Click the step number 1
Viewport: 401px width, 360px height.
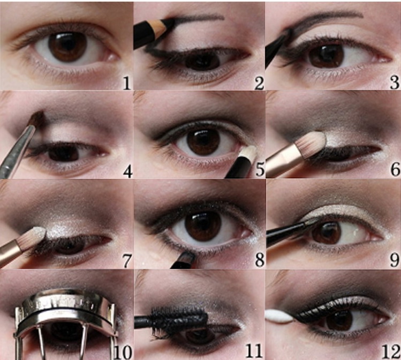(127, 83)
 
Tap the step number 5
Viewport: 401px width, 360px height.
(259, 169)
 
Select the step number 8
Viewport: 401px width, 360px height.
(259, 260)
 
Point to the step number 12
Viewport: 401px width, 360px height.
(390, 351)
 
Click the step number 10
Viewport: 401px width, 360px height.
(123, 352)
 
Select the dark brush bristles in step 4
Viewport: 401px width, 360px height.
(39, 117)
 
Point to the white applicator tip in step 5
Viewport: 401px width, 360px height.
(249, 153)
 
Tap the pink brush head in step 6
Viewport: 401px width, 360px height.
(314, 142)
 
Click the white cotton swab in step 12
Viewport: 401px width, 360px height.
(279, 316)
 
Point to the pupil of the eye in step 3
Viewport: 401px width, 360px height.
(326, 56)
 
